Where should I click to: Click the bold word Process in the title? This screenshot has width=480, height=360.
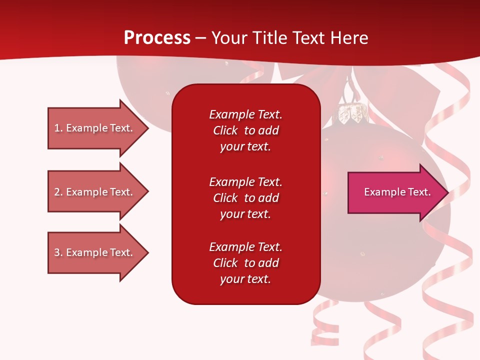click(157, 38)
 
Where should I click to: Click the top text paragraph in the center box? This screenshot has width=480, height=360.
click(245, 130)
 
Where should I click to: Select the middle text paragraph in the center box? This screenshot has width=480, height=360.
click(245, 198)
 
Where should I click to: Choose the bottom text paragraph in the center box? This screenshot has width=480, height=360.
click(245, 263)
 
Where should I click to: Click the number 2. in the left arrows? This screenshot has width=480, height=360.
click(58, 192)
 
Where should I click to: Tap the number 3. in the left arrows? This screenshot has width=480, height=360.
click(58, 252)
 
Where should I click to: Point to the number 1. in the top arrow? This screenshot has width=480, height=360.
click(58, 128)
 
